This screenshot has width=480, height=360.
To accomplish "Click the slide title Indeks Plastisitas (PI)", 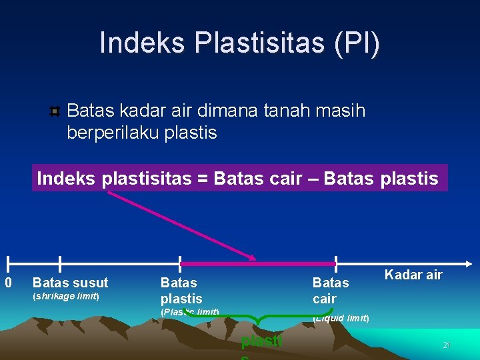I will pos(240,43).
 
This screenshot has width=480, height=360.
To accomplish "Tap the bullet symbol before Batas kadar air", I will pos(55,111).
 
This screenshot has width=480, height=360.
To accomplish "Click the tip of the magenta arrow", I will pos(254,259).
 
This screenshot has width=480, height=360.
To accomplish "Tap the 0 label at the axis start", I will pos(8,283).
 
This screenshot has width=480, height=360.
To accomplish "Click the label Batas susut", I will pos(70,283).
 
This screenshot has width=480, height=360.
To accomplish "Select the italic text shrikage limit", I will pos(66,296).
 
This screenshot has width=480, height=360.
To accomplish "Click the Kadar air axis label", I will pos(413,275).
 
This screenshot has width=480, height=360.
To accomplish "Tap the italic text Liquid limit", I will pos(341,318).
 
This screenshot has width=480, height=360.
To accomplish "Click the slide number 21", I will pos(447,345).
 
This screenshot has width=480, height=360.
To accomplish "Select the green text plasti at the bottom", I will pos(261,343).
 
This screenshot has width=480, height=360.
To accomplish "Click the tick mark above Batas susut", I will pos(60,264).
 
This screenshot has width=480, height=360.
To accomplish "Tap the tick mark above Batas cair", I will pos(336,264).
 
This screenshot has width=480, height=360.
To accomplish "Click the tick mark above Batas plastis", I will pos(180,264).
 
